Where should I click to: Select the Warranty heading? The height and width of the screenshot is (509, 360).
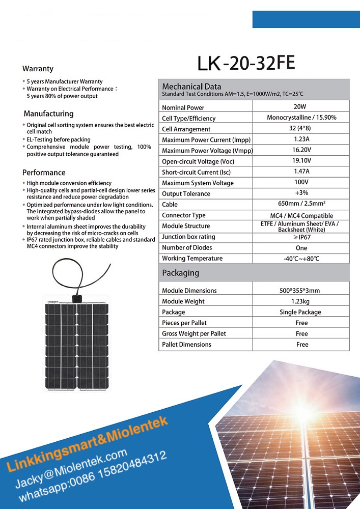point(38,69)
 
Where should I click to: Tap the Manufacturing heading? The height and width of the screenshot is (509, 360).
point(48,114)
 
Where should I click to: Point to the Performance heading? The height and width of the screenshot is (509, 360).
point(44,173)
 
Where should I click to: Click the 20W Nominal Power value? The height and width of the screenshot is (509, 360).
point(300,107)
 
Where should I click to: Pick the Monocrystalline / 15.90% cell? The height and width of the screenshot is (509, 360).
point(301,118)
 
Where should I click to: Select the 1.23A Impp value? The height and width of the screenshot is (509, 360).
point(301,139)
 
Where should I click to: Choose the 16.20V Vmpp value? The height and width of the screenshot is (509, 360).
point(301,150)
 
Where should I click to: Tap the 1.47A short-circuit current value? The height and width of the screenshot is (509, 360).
point(301,172)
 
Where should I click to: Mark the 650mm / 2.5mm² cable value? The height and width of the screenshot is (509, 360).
point(301,204)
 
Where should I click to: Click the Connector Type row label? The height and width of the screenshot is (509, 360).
point(184,215)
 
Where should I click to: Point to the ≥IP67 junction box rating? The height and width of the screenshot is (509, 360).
point(301,237)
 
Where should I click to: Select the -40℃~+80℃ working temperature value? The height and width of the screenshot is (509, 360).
point(301,259)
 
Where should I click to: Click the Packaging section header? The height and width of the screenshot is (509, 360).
point(180,273)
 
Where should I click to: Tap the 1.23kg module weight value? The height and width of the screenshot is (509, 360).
point(301,301)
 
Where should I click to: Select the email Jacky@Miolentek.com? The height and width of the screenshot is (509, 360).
point(71,468)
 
